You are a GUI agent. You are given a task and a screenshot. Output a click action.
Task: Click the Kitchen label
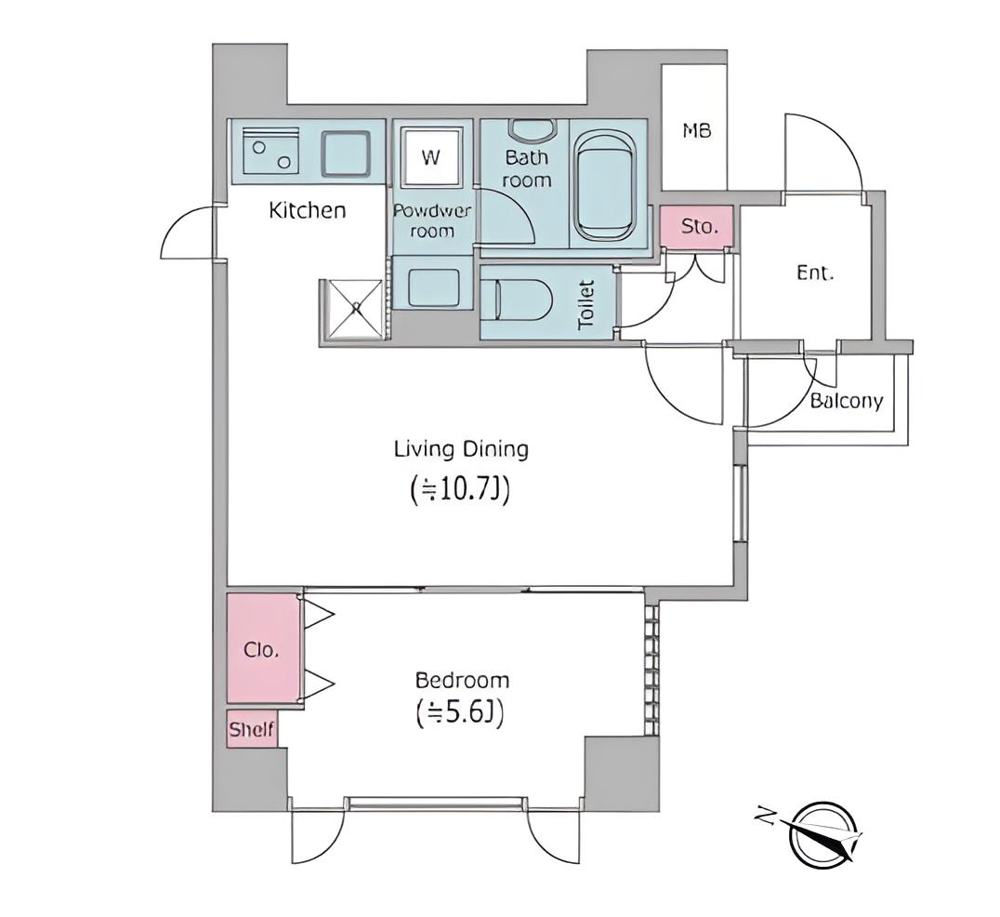coord(308,210)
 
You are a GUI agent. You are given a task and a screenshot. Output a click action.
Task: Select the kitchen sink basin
coord(345,153)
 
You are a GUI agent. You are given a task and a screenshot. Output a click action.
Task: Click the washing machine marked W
coord(431,157)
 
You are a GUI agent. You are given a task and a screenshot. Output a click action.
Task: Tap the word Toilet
coord(586,305)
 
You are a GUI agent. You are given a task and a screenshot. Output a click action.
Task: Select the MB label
coord(696,131)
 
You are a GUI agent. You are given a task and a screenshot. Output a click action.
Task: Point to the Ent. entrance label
coord(815,273)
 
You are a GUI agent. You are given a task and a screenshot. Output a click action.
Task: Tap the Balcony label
coord(847,401)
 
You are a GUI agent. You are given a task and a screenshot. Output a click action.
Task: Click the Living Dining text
coord(461,449)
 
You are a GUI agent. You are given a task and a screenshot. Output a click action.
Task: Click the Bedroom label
coord(462,680)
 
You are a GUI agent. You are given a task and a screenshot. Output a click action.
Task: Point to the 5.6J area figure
coord(460,713)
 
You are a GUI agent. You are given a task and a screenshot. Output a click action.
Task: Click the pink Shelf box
coord(252,729)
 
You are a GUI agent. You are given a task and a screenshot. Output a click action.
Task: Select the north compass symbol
coord(822,834)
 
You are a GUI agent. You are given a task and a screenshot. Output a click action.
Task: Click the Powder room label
coord(432,220)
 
